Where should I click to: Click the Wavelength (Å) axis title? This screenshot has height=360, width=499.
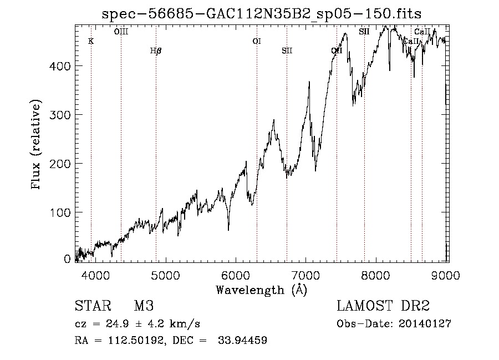pos(261,289)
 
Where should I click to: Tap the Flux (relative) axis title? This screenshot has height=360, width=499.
pos(37,145)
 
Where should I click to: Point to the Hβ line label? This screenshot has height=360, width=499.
pos(156,51)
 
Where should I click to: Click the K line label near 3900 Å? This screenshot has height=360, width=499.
pos(91,41)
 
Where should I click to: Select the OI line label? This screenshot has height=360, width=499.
pos(256,41)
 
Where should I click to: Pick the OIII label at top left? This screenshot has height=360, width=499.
pos(121,32)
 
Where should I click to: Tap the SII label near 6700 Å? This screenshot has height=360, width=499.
pos(287,51)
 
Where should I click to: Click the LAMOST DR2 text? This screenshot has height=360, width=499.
pos(383,307)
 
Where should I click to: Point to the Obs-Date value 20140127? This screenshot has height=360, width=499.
pos(425,324)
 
